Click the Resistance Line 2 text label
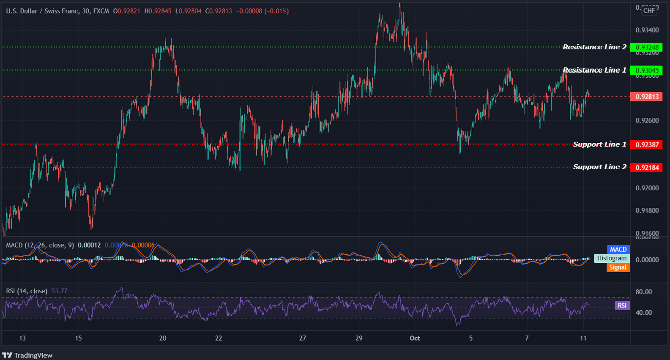click(x=594, y=47)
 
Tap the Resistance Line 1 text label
click(x=594, y=70)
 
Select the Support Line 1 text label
click(x=599, y=145)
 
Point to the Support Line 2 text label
click(x=599, y=167)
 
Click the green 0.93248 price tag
click(x=647, y=47)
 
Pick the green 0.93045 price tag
click(x=647, y=70)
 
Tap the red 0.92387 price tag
click(x=647, y=145)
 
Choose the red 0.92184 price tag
click(x=647, y=167)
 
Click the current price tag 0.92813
click(x=647, y=97)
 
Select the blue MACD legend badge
click(x=618, y=249)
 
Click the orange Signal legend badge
click(x=618, y=267)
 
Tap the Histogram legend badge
click(x=612, y=258)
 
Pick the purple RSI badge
click(x=622, y=305)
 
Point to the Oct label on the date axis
click(x=415, y=338)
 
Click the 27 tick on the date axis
click(x=302, y=338)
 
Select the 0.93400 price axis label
click(x=647, y=30)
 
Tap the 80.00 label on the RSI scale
click(x=643, y=292)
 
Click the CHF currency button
click(x=649, y=11)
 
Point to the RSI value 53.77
click(x=59, y=291)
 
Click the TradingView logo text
click(x=33, y=355)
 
